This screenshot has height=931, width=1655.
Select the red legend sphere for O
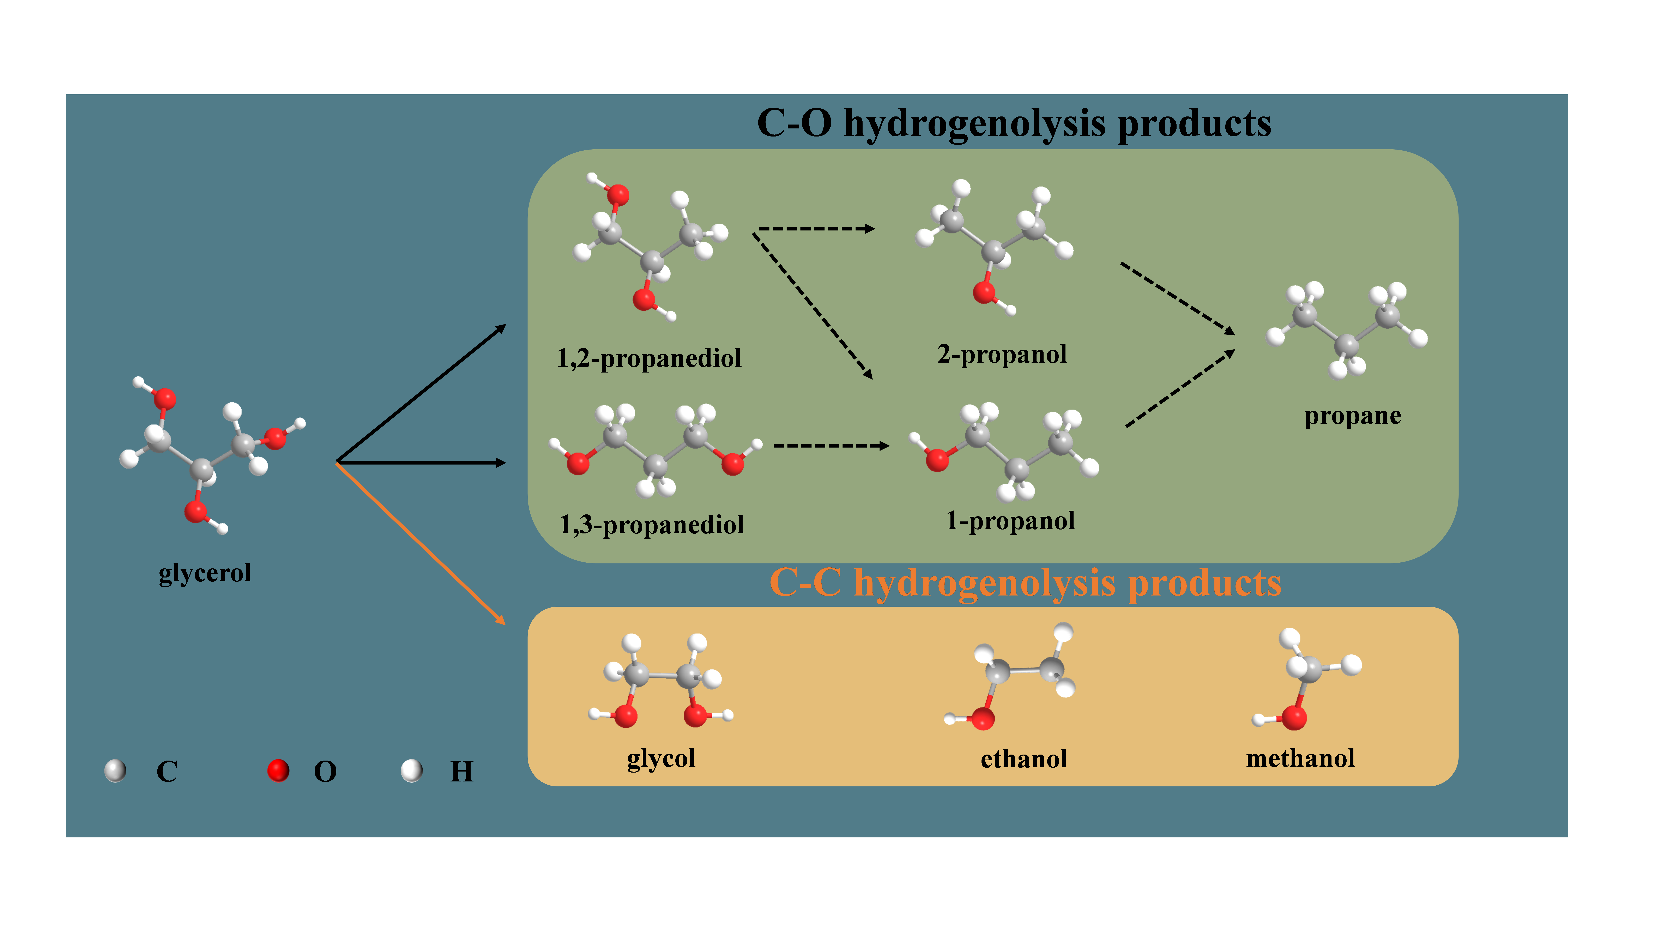tap(278, 770)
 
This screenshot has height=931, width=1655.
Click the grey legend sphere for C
tap(115, 770)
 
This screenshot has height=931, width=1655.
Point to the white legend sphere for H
tap(411, 770)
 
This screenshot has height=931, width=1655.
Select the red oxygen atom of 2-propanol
tap(984, 292)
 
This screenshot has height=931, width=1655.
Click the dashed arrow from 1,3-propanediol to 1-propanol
tap(831, 445)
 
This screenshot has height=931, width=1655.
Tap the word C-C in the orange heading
tap(805, 583)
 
